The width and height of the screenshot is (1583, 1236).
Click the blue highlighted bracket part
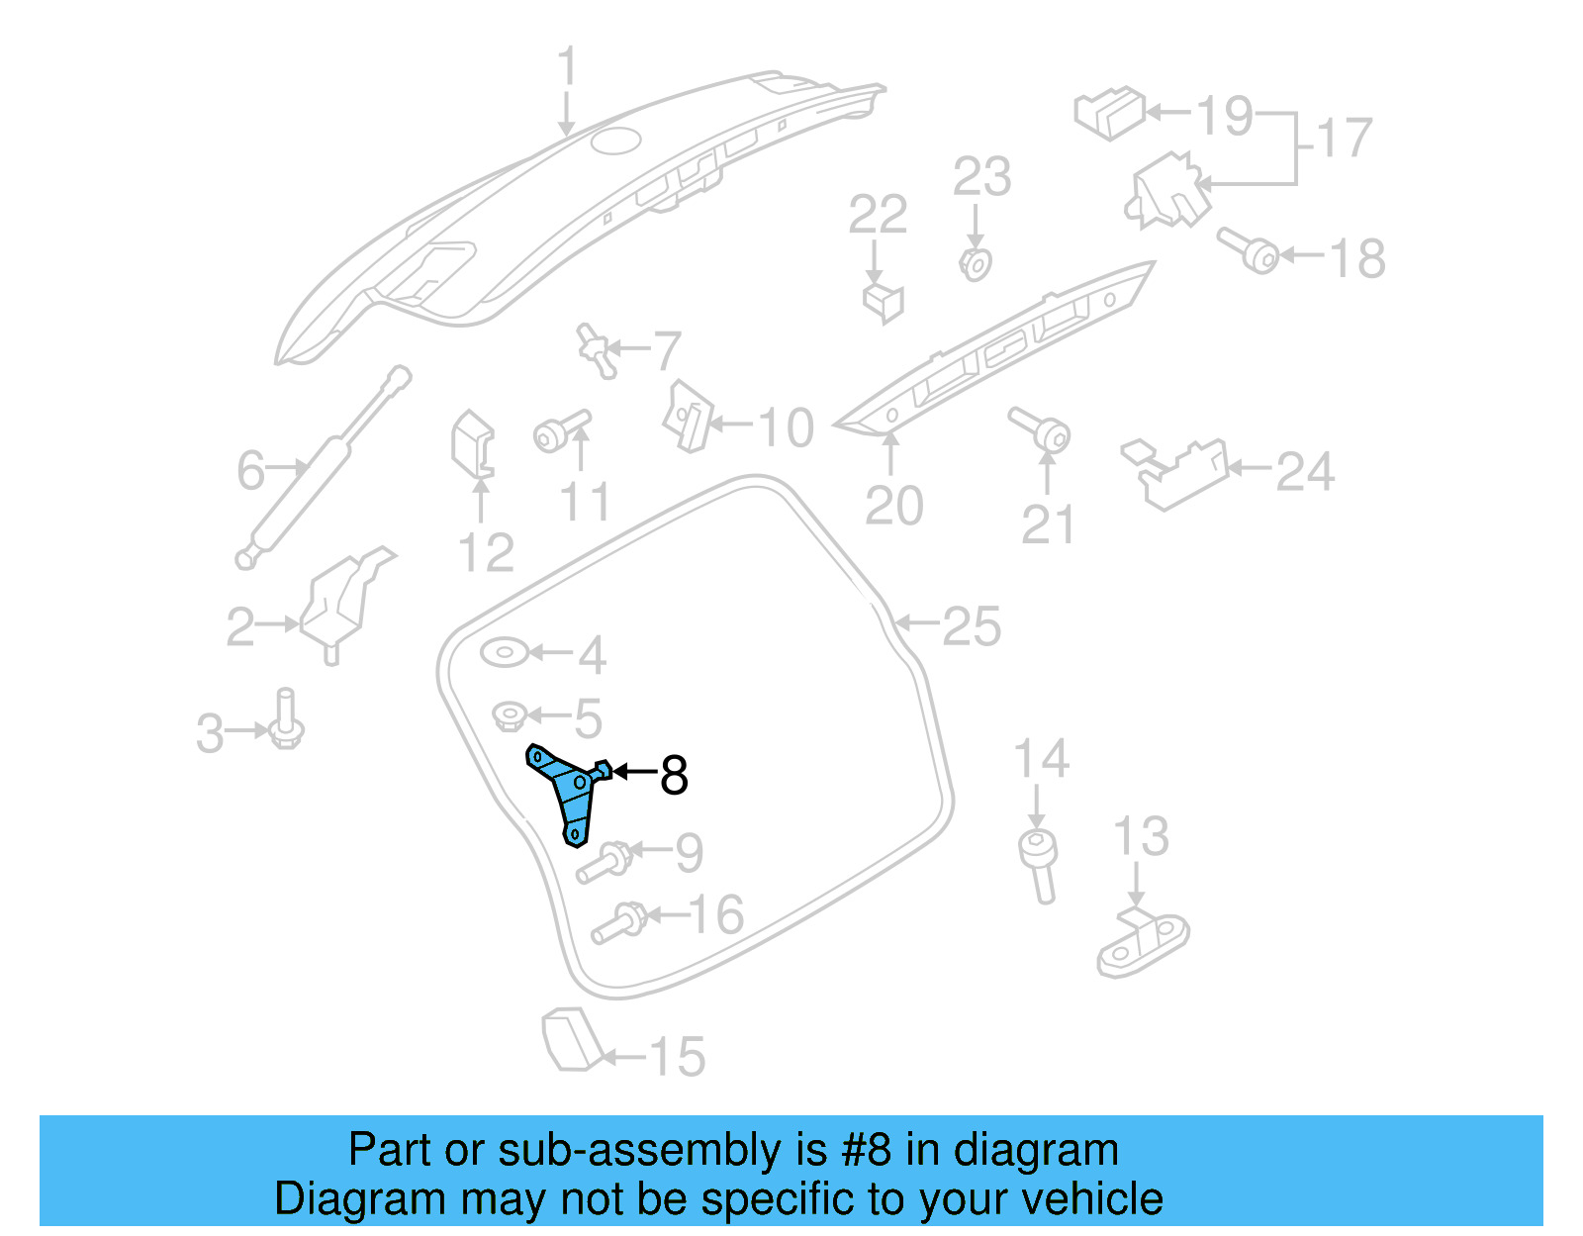tap(568, 792)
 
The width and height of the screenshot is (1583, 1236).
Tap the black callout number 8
tap(674, 775)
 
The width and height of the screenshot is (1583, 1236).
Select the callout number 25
tap(971, 626)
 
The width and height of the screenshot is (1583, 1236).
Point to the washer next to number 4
tap(505, 653)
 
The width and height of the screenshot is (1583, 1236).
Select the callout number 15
tap(678, 1057)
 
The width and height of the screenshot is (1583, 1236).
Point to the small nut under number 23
tap(976, 264)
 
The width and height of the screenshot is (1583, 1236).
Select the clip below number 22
tap(884, 301)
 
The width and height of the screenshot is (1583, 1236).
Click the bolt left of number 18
tap(1250, 250)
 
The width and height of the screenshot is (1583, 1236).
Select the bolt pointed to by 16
tap(619, 923)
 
